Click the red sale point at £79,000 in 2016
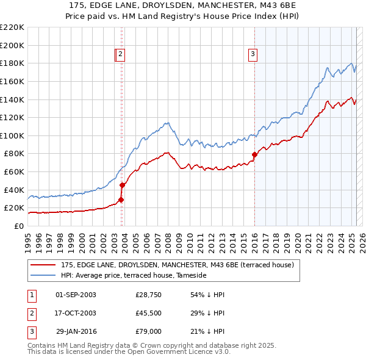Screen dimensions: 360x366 pos(254,154)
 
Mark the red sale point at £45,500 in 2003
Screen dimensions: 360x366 pos(122,185)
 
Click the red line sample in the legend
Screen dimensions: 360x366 pos(43,265)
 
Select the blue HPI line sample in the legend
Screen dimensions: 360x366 pos(43,275)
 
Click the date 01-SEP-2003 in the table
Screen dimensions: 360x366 pos(76,295)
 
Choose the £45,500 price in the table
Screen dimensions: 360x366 pos(149,313)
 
